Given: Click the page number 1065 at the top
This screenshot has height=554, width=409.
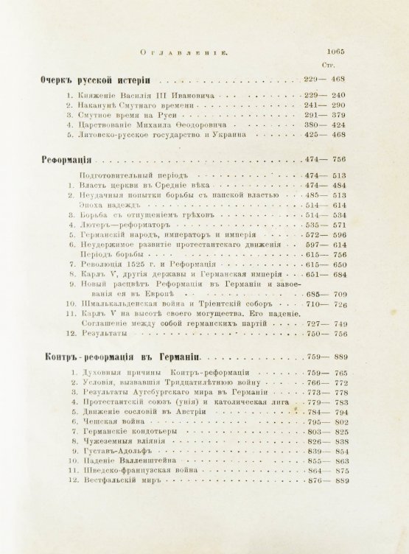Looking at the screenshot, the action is pyautogui.click(x=341, y=52).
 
